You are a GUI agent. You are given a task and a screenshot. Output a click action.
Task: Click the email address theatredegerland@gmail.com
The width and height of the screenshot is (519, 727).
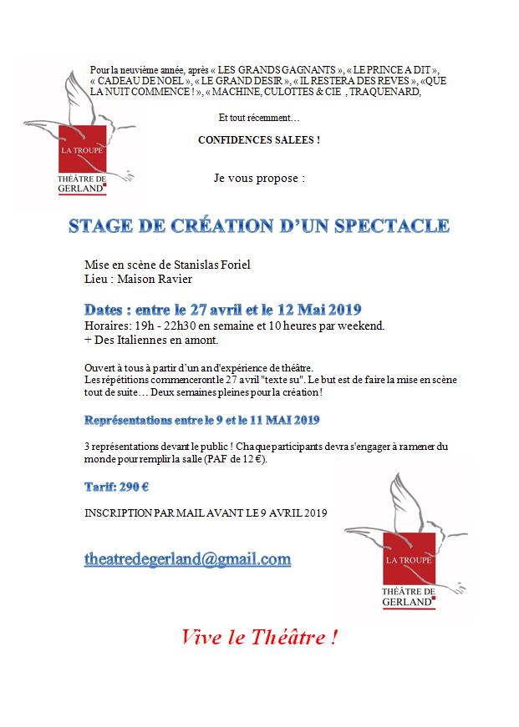tap(187, 559)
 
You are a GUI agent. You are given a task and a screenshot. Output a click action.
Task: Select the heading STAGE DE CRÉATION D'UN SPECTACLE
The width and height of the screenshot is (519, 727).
tap(258, 226)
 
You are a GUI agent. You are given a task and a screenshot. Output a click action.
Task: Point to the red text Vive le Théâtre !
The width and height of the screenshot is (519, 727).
tap(259, 639)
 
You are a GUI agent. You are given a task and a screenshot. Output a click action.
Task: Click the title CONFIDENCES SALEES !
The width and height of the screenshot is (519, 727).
tap(258, 139)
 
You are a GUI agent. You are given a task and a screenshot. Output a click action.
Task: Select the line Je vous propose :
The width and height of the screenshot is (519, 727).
tap(259, 178)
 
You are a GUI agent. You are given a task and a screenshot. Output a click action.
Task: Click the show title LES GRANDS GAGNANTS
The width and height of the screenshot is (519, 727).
tap(277, 68)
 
